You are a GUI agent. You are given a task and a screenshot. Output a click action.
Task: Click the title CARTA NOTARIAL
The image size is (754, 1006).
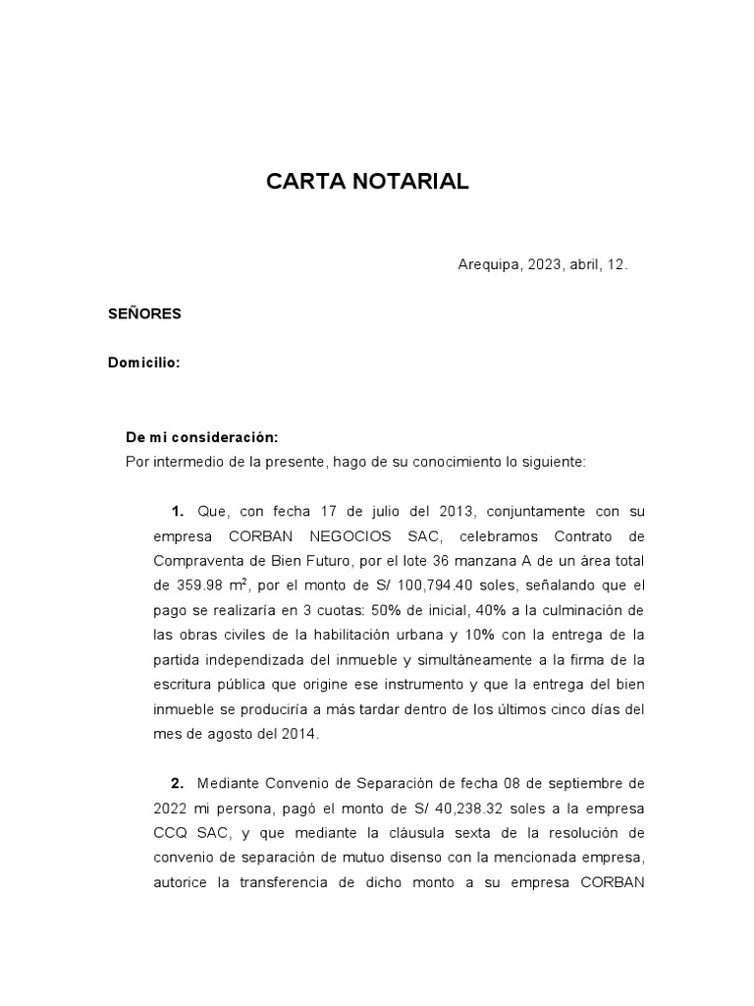click(x=368, y=182)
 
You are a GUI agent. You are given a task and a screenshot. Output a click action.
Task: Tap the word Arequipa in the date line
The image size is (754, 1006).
click(x=489, y=265)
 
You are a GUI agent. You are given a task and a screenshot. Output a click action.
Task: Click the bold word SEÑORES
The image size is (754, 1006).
click(x=144, y=314)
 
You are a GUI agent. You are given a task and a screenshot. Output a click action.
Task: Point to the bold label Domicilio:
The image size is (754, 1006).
click(x=143, y=363)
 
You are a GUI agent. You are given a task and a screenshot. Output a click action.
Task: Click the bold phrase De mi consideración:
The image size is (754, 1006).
click(x=202, y=437)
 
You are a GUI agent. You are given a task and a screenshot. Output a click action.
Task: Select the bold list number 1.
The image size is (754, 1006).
click(x=177, y=512)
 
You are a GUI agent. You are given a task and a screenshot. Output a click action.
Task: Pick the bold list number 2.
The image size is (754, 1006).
click(x=177, y=783)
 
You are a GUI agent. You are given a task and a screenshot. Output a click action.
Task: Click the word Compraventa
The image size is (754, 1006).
click(x=193, y=561)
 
